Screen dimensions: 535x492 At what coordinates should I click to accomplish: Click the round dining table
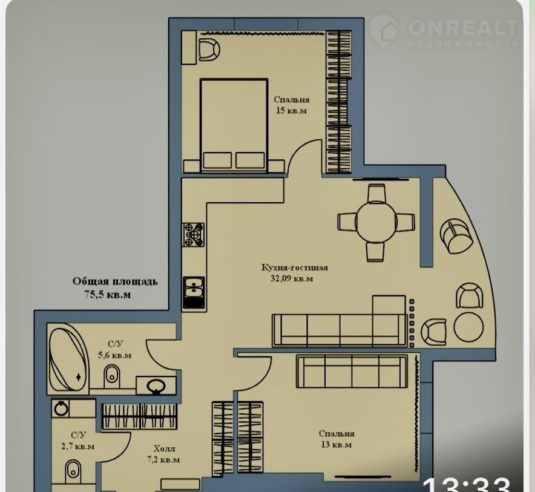(376, 223)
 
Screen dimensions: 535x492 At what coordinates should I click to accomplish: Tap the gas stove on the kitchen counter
(194, 235)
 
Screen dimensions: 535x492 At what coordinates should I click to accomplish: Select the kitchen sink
(194, 293)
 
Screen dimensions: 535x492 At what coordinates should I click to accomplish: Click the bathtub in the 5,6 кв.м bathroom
(67, 359)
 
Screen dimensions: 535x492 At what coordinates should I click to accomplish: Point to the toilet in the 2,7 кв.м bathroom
(73, 471)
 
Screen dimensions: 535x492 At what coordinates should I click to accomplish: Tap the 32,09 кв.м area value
(292, 278)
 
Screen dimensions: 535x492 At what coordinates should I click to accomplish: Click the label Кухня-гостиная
(295, 267)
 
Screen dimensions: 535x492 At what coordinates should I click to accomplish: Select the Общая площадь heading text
(115, 281)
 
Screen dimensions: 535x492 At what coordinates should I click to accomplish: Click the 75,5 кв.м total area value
(108, 295)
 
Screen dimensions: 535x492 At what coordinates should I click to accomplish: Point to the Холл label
(164, 448)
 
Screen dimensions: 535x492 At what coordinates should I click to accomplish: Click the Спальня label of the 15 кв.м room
(292, 100)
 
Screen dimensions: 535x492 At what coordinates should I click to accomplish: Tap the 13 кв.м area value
(336, 445)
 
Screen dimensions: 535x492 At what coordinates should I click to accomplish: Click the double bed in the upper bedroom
(234, 126)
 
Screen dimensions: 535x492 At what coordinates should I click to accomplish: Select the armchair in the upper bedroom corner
(209, 50)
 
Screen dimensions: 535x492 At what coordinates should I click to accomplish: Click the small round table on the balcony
(469, 327)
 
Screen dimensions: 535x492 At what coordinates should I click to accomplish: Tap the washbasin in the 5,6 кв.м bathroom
(156, 386)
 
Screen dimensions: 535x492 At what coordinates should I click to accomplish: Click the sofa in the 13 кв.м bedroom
(352, 371)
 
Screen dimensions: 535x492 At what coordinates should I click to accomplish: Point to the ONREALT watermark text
(462, 27)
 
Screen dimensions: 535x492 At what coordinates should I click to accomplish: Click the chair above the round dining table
(376, 194)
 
